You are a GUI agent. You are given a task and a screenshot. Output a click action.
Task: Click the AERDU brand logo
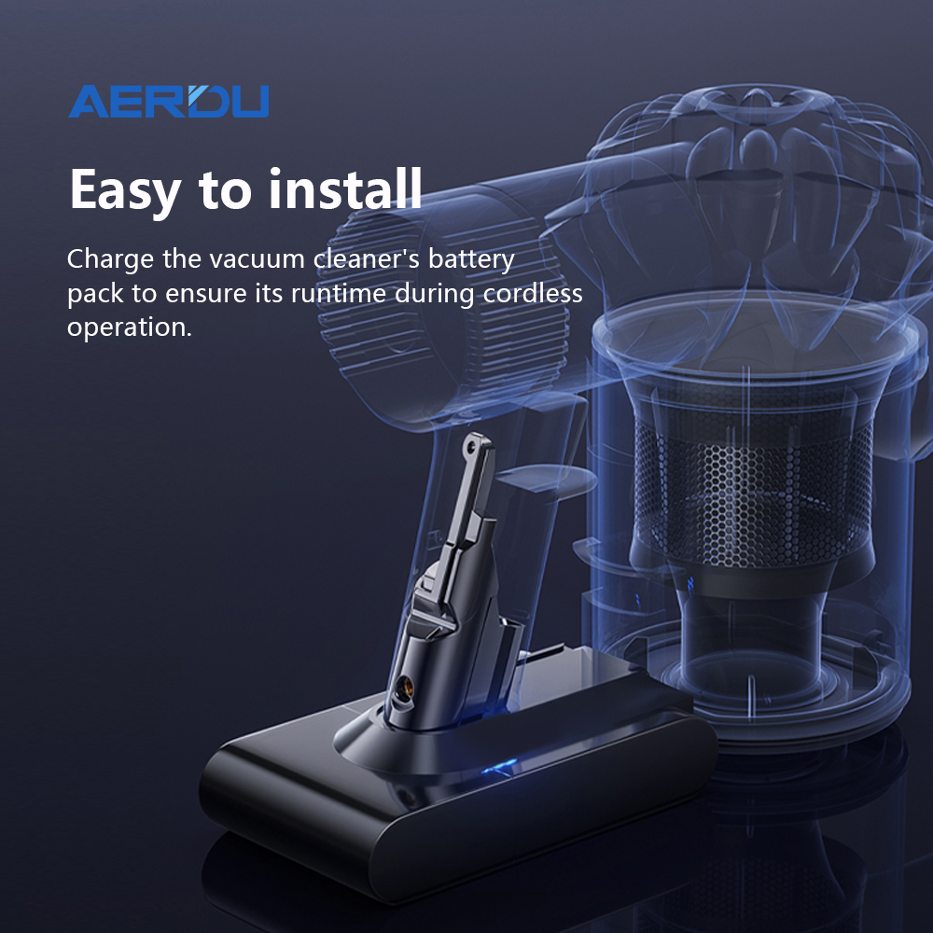coord(168,101)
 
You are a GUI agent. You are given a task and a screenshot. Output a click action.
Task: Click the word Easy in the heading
coord(125,190)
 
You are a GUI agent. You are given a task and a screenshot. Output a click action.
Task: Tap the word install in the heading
coord(345,188)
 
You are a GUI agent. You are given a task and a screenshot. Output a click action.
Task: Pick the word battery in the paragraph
coord(471,260)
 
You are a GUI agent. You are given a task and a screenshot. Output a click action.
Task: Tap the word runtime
coord(339,293)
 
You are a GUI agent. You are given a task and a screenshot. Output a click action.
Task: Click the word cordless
coord(533,293)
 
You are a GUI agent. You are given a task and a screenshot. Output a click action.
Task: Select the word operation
coord(130,328)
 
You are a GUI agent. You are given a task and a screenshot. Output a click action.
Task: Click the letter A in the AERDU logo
coord(88,102)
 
